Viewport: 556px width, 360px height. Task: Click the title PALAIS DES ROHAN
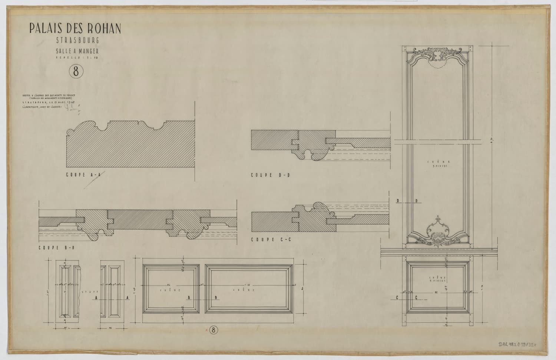(x=75, y=29)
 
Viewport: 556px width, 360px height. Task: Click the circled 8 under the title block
(x=76, y=71)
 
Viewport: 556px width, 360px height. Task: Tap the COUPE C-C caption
(x=271, y=240)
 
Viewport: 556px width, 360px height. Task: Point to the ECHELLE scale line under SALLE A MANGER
(x=77, y=58)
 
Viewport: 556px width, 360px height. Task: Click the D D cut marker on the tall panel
(x=407, y=201)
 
